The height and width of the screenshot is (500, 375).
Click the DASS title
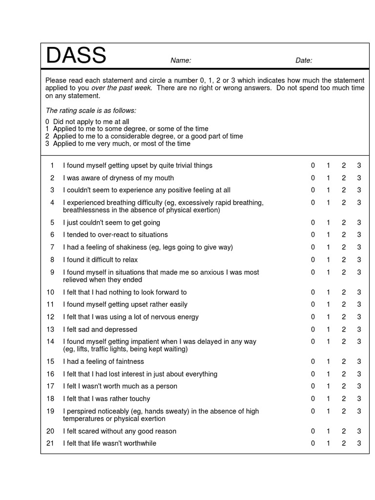click(76, 56)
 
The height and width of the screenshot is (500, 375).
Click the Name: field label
click(180, 61)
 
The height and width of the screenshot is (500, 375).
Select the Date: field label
click(304, 61)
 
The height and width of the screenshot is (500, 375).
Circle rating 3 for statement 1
click(359, 166)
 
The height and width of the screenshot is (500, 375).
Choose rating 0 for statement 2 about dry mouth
click(313, 178)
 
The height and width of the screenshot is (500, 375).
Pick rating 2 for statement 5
click(344, 223)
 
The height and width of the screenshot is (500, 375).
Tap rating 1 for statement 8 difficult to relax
click(328, 260)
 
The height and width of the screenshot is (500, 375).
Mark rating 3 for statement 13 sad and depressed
click(359, 330)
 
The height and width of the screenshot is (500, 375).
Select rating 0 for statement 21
click(313, 443)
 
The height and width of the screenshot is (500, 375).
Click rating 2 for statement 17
click(344, 386)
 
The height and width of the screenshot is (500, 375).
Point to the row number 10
click(50, 292)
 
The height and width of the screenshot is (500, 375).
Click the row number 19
click(50, 411)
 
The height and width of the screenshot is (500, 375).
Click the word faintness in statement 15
click(127, 362)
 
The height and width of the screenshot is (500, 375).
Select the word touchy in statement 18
click(139, 399)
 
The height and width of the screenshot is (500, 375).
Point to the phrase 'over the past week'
click(121, 88)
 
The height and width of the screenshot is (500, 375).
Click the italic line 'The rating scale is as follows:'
click(91, 111)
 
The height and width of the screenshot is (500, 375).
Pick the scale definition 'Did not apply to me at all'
click(91, 122)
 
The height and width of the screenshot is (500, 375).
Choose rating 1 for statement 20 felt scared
click(328, 431)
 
